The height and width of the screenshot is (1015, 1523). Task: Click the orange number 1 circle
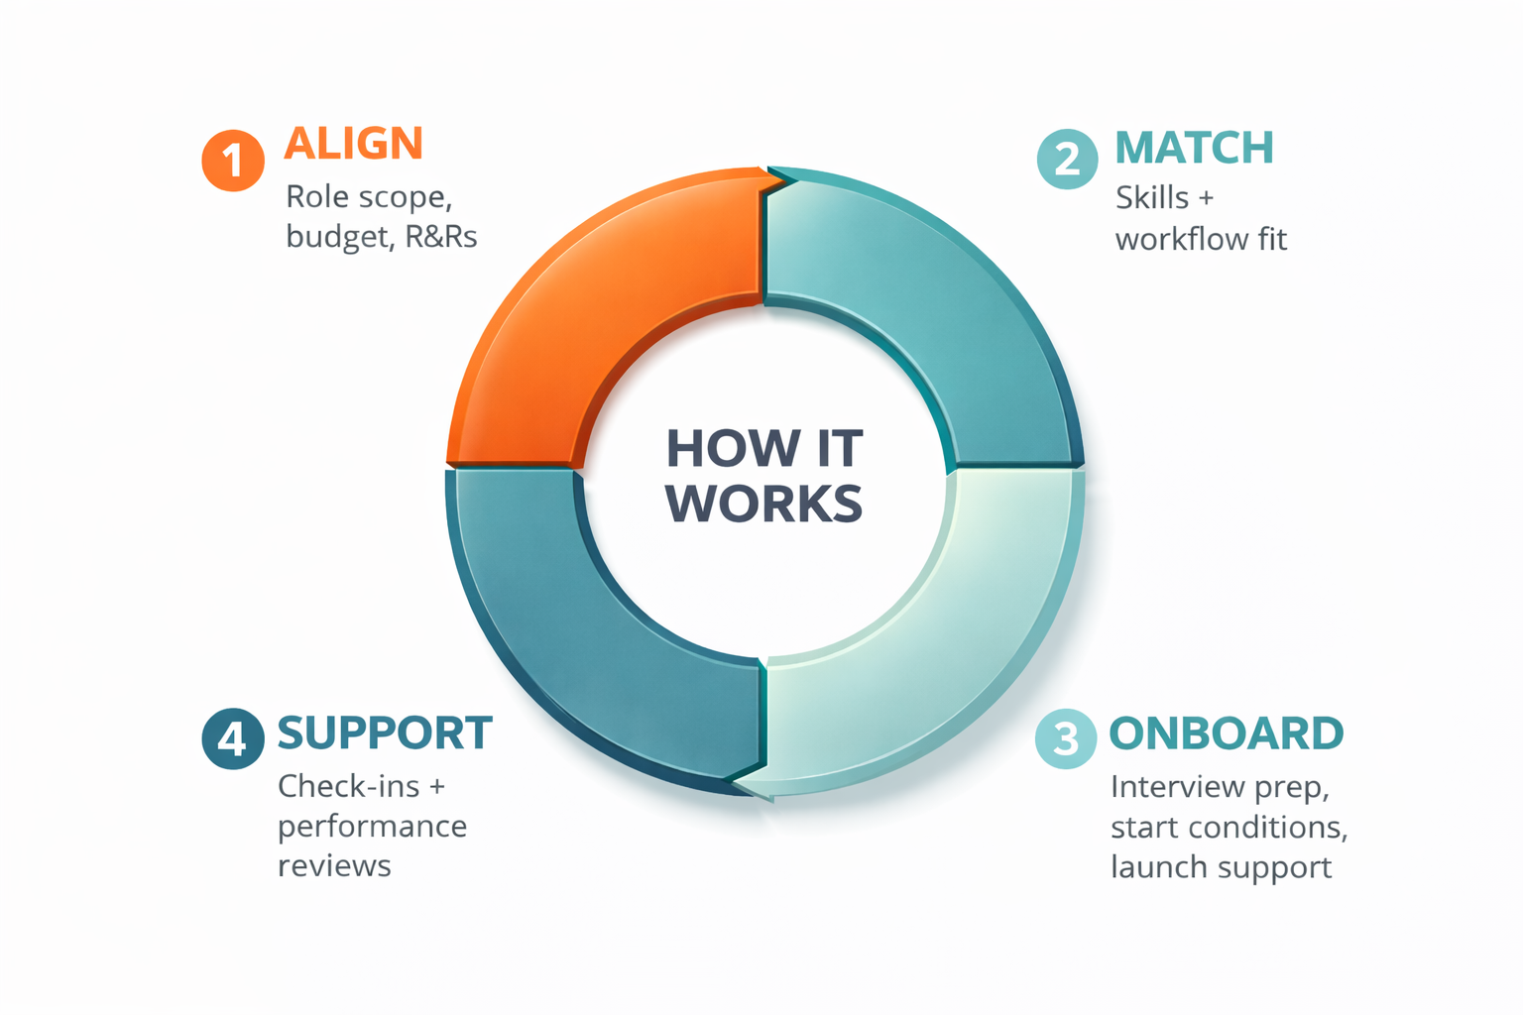tap(233, 160)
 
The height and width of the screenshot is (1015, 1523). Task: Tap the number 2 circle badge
tap(1068, 159)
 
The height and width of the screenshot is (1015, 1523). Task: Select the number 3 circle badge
tap(1066, 737)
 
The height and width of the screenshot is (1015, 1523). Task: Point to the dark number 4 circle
tap(233, 737)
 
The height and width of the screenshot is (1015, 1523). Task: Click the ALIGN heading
tap(354, 144)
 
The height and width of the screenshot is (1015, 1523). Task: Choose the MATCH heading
tap(1194, 149)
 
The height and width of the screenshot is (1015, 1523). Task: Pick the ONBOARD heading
tap(1226, 733)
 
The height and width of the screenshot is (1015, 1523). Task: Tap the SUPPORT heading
tap(385, 733)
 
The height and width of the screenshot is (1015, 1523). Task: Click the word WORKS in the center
tap(763, 504)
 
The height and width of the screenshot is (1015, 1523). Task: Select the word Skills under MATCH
tap(1152, 197)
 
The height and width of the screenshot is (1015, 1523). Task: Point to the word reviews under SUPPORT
tap(334, 866)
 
